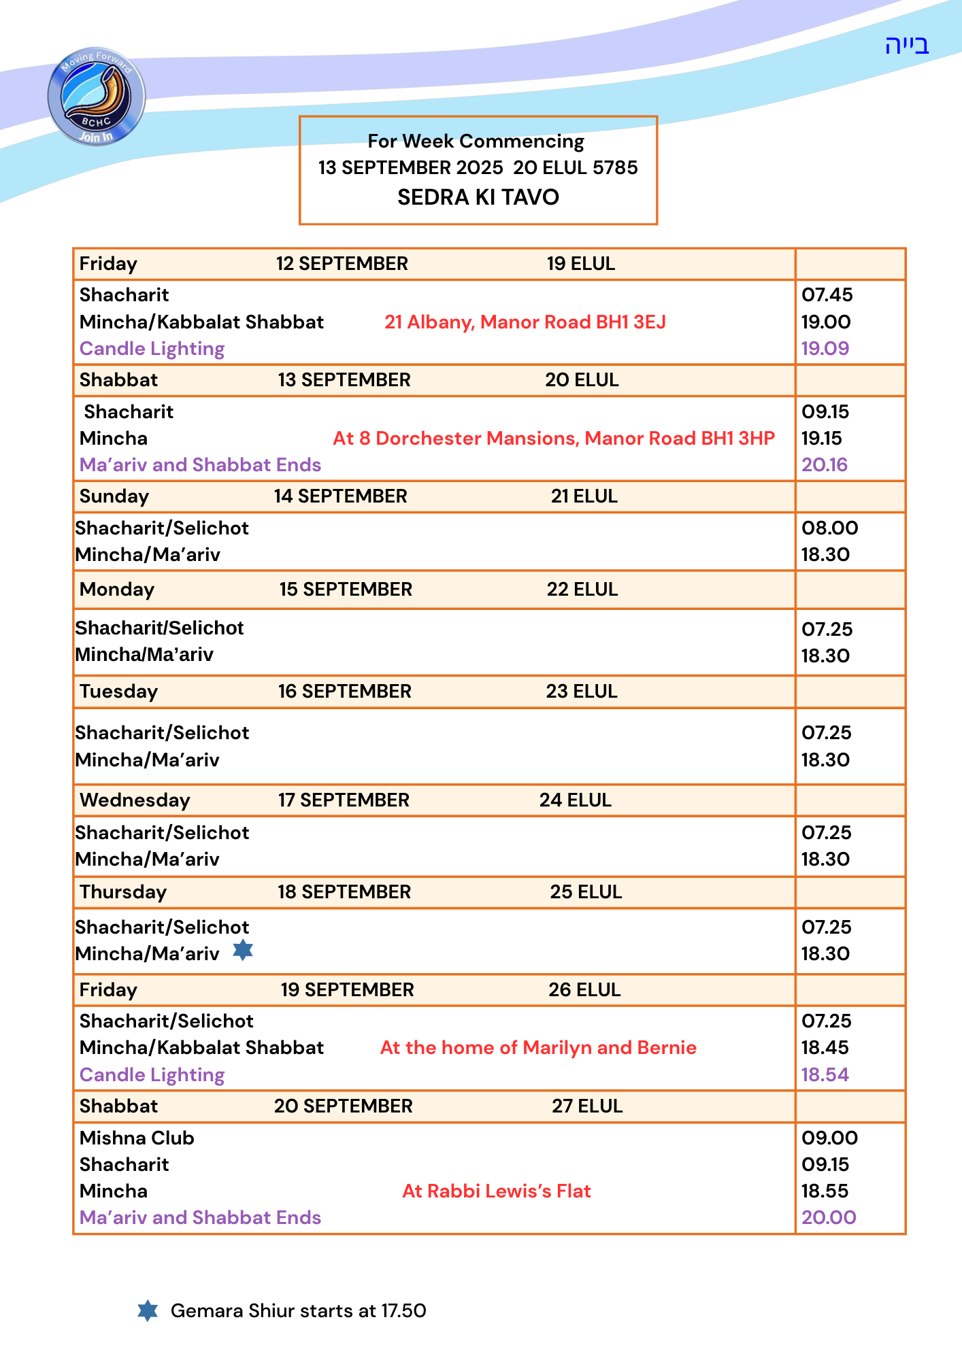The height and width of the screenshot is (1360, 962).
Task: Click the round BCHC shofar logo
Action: click(x=96, y=97)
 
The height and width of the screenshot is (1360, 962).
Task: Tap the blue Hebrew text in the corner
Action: click(x=906, y=45)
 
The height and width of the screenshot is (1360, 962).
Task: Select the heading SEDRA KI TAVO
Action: click(x=478, y=197)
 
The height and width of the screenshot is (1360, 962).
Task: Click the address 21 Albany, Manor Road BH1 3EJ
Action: click(x=525, y=322)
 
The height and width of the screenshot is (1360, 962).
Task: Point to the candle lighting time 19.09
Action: click(x=825, y=348)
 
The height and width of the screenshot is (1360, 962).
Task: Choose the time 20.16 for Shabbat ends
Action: click(x=825, y=464)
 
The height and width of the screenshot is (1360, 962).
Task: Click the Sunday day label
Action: click(x=114, y=496)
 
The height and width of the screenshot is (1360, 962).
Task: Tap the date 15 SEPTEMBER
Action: click(x=346, y=589)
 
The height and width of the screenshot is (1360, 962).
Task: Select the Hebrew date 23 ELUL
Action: click(x=582, y=691)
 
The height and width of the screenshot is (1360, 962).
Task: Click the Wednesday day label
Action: click(x=135, y=800)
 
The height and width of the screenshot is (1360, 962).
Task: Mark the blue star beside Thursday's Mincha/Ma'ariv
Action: click(x=243, y=950)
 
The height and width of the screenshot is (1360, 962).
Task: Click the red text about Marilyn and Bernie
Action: click(x=538, y=1047)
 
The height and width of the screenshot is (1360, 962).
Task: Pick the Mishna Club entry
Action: click(x=137, y=1138)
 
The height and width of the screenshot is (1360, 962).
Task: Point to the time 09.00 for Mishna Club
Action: click(x=829, y=1138)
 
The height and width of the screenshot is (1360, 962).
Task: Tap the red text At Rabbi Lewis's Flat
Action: click(x=497, y=1191)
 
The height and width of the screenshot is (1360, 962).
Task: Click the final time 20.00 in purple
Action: click(x=829, y=1217)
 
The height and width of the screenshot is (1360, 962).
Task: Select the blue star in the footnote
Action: click(x=148, y=1310)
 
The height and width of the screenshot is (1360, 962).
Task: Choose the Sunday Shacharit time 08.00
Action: click(x=829, y=528)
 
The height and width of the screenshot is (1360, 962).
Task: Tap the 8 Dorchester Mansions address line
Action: click(x=554, y=438)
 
